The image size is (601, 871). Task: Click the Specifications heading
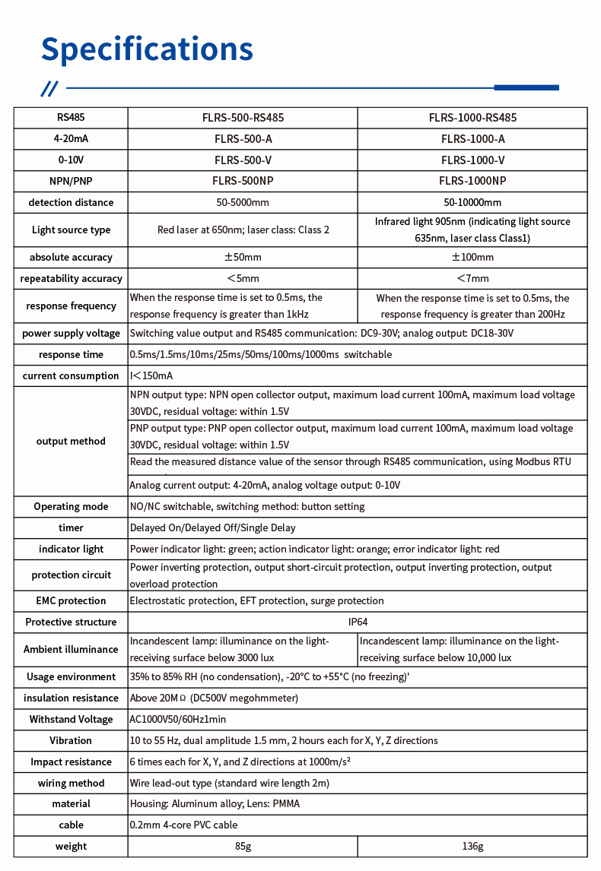(147, 49)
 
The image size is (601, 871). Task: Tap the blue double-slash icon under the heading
(49, 88)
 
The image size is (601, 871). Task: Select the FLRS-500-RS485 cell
(243, 118)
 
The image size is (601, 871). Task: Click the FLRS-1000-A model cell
(472, 139)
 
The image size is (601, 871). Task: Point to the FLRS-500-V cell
(243, 160)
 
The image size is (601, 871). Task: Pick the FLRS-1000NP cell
(472, 181)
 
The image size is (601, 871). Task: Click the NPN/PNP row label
(71, 181)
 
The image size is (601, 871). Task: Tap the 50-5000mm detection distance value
(243, 202)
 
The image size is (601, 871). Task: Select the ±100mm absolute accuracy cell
(472, 257)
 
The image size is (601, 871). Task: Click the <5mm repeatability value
(243, 278)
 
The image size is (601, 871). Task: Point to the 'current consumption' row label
(71, 375)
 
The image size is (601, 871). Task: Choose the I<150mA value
(152, 375)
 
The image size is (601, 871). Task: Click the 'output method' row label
(71, 441)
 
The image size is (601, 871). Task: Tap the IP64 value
(358, 622)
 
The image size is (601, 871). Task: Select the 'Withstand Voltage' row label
(71, 719)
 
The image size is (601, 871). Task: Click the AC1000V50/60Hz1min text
(178, 719)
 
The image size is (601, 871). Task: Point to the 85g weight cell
(243, 846)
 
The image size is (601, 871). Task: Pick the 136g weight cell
(472, 846)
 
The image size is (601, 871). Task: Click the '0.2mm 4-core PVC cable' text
(183, 825)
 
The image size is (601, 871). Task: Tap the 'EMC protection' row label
(71, 600)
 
